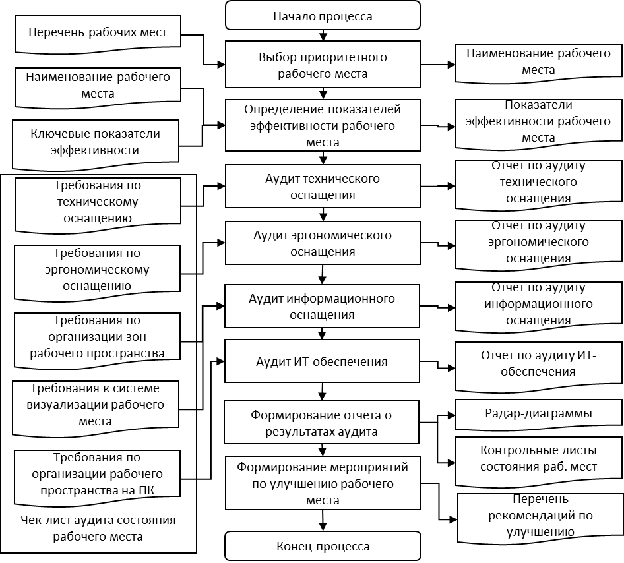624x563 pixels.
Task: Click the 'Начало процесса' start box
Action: (323, 16)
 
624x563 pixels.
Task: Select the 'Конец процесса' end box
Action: (323, 546)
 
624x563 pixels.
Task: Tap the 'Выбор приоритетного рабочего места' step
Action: (323, 65)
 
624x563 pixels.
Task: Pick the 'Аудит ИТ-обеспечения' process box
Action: (323, 361)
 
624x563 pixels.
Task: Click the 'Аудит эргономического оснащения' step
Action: (323, 243)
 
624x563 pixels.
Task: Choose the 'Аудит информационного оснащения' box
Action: (323, 307)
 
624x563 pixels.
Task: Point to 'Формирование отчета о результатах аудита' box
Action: (323, 423)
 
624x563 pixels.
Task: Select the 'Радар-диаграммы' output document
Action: (538, 414)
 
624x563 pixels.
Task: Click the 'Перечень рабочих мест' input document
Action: (97, 32)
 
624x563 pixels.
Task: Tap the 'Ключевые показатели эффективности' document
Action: (96, 141)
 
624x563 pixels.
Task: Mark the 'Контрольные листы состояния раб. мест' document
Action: (538, 458)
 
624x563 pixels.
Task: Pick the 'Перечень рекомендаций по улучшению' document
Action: (540, 516)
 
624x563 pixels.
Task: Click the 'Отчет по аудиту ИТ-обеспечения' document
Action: (538, 363)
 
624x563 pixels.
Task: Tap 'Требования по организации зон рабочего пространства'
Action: (97, 337)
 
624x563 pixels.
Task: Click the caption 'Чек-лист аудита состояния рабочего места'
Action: (98, 528)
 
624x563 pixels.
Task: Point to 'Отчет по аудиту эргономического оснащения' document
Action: (538, 242)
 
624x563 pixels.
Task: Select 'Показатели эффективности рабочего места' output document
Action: (538, 122)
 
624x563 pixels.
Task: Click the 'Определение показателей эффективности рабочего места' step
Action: (323, 125)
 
